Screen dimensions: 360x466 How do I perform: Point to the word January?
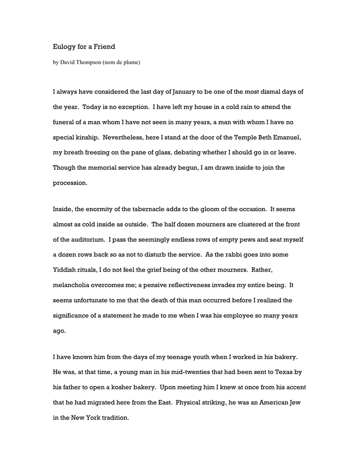(x=185, y=91)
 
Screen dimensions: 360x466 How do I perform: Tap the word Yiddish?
(x=66, y=270)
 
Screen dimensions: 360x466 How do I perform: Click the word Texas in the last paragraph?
(x=284, y=372)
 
